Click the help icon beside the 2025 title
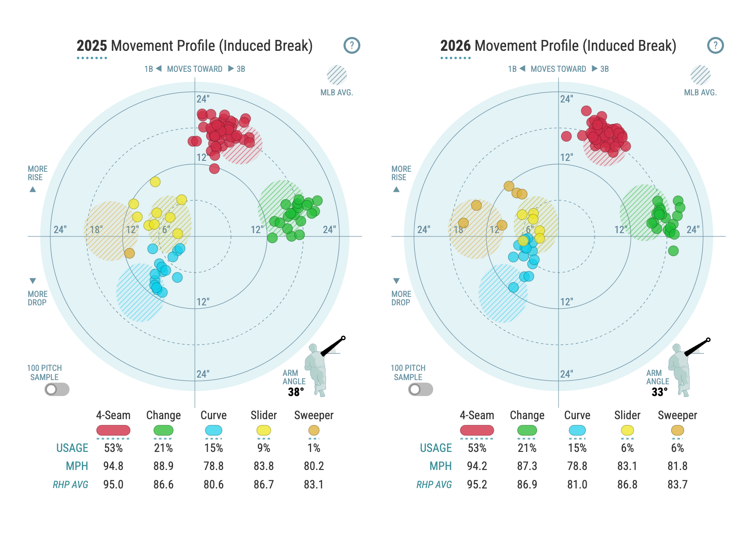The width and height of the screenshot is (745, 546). (352, 45)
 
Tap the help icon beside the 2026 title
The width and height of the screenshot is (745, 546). (716, 45)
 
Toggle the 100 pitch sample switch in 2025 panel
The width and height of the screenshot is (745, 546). (57, 389)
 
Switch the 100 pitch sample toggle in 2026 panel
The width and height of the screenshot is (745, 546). (421, 389)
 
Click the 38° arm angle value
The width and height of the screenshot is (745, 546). (296, 392)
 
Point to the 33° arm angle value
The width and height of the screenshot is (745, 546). (659, 392)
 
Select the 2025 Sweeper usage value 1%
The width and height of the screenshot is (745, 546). (314, 448)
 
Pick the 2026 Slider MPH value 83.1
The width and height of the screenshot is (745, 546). (627, 466)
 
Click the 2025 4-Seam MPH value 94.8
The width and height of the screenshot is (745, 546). (113, 466)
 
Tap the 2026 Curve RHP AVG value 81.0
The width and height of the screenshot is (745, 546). (577, 485)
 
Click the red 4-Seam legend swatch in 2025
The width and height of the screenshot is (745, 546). (113, 430)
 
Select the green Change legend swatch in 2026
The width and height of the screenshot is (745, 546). (527, 430)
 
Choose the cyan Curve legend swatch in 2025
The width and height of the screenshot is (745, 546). (214, 430)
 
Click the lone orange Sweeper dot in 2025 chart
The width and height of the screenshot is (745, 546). (129, 253)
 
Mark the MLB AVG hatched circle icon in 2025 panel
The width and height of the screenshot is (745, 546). (337, 75)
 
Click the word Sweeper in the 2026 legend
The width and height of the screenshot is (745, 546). (677, 415)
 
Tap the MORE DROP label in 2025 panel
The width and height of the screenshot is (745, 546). (37, 298)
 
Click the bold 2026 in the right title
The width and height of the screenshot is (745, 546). (456, 45)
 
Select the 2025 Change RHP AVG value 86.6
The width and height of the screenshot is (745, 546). (163, 485)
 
